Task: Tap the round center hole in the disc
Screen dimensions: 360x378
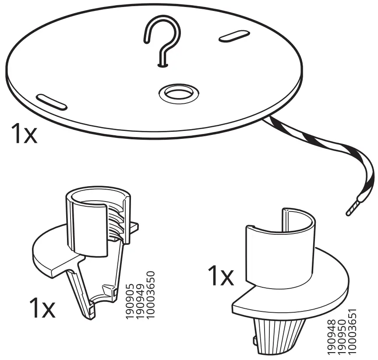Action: (178, 93)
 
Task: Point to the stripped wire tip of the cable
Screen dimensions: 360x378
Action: (354, 208)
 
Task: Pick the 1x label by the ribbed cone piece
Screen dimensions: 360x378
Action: (220, 276)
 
